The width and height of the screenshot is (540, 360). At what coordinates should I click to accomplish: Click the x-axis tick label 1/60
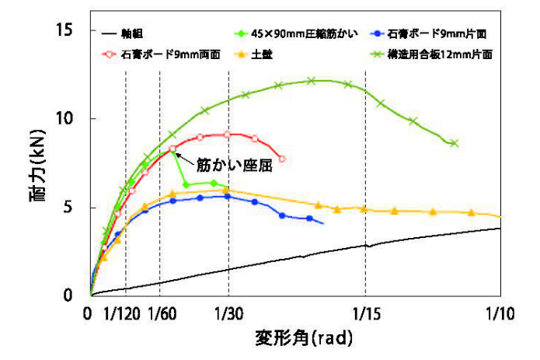(x=161, y=314)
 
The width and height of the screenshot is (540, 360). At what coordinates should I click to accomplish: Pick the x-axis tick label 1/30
(x=228, y=314)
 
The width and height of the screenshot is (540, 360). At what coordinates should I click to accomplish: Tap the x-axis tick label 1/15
(x=365, y=314)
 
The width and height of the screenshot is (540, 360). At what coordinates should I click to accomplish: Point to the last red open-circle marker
(x=281, y=159)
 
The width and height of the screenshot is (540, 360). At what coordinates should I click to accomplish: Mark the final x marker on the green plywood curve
(x=455, y=143)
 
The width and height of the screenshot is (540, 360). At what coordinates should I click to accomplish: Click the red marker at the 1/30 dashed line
(x=227, y=135)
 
